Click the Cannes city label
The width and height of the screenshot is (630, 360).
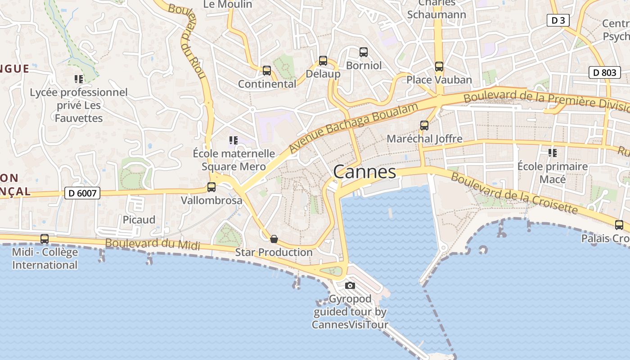[365, 171]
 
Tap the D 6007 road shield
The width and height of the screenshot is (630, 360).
[82, 193]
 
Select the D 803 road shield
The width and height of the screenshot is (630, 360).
[605, 72]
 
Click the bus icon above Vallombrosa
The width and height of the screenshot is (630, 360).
[211, 187]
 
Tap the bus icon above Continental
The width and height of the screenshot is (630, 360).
[267, 71]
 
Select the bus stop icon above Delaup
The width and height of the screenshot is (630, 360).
[323, 61]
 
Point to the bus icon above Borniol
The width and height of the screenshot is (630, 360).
[364, 52]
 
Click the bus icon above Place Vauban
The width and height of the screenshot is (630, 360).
[439, 67]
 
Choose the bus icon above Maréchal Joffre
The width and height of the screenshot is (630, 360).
[424, 126]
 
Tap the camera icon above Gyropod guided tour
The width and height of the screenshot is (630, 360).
[350, 285]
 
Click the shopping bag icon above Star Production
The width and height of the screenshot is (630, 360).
[274, 239]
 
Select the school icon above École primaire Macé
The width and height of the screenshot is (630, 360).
[553, 153]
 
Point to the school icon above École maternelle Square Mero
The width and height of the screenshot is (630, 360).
[233, 140]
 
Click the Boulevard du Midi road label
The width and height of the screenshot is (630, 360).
[153, 244]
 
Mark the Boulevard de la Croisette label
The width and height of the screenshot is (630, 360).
[513, 193]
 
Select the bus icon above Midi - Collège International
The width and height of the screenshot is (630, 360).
[45, 239]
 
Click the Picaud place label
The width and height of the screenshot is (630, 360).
[139, 220]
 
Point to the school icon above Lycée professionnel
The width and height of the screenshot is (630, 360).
[79, 80]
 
